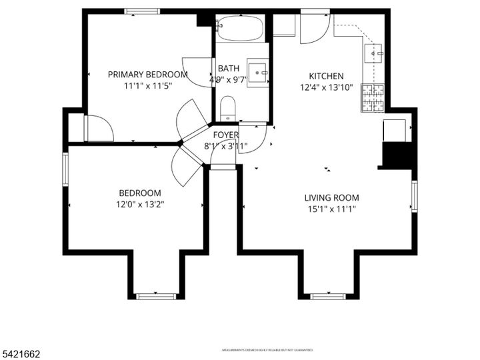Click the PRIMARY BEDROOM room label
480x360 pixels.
(x=147, y=75)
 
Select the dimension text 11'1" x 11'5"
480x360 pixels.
(x=147, y=86)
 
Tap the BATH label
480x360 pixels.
(x=229, y=68)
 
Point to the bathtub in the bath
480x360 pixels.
(x=240, y=29)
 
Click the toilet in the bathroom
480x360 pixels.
(x=228, y=109)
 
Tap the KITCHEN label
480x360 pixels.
(x=326, y=76)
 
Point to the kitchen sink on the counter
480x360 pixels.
(x=375, y=51)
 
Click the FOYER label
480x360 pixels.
(x=226, y=135)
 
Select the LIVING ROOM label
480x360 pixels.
(x=331, y=197)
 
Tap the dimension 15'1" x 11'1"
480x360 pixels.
(x=331, y=209)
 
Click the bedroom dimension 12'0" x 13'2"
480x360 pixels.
(x=140, y=205)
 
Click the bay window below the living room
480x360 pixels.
(x=329, y=295)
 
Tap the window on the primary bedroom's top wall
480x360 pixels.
(x=143, y=11)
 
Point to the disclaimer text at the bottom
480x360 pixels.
(x=267, y=349)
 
